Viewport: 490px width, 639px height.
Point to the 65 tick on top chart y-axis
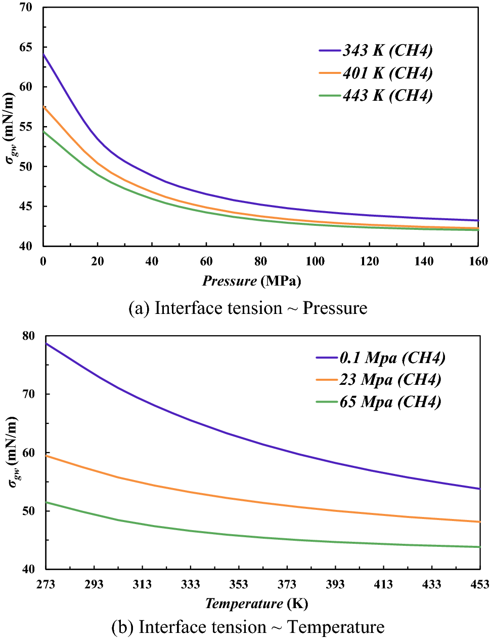[26, 47]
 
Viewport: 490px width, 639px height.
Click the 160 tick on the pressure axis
[478, 261]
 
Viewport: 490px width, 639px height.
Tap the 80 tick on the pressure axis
[260, 261]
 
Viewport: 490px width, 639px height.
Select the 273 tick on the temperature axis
[46, 584]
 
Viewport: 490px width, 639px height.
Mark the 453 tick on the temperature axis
[479, 584]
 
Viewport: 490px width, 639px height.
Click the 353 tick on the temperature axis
[239, 584]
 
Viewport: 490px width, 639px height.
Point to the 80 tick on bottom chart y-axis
[28, 336]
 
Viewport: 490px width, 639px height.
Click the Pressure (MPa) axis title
[251, 281]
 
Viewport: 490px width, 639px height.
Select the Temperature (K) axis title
[256, 604]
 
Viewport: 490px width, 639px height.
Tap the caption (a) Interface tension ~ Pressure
[248, 308]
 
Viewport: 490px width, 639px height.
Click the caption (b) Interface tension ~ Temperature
[248, 627]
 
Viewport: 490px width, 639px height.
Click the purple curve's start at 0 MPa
[44, 54]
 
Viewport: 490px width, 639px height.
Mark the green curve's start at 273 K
[47, 502]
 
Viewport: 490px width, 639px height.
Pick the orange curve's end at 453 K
[479, 522]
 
